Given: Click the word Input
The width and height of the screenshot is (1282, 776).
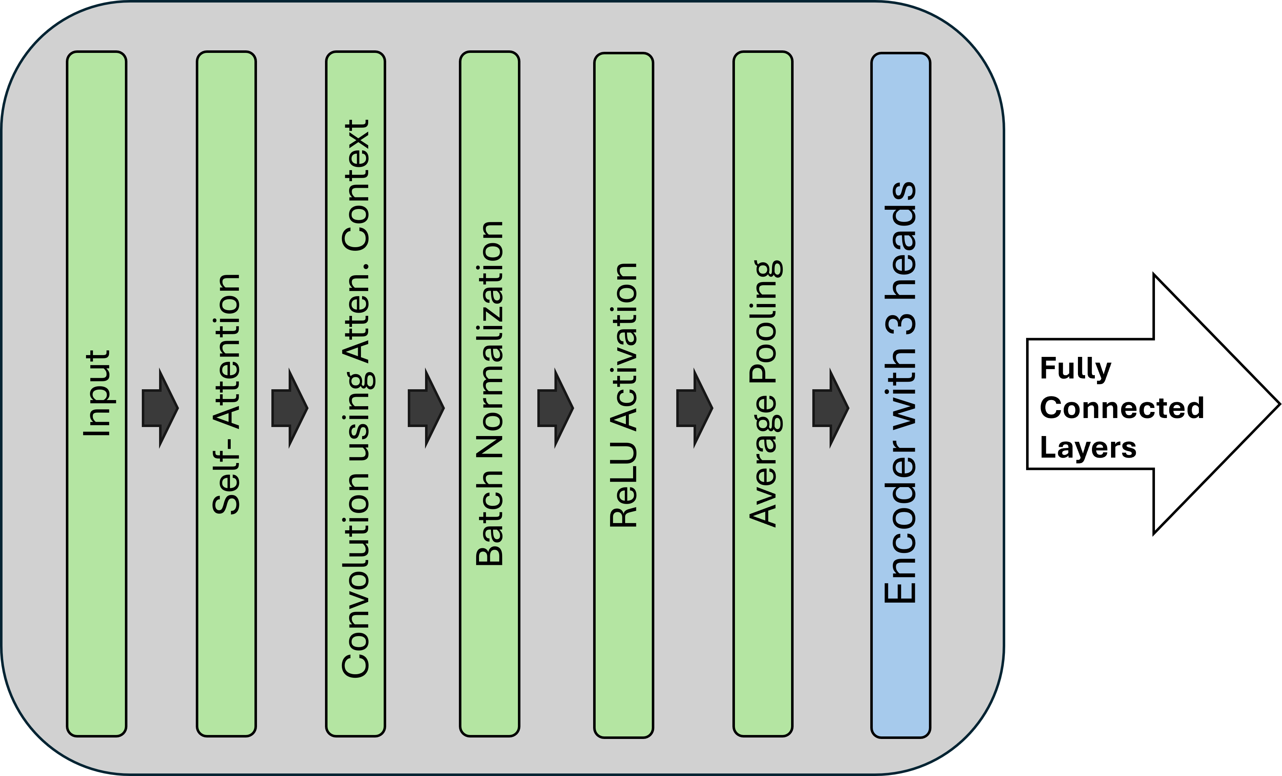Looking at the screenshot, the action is click(x=97, y=393).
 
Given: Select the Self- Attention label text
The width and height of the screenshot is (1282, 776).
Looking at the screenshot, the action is click(x=227, y=394).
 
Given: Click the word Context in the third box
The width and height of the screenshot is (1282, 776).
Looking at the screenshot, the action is click(x=356, y=186).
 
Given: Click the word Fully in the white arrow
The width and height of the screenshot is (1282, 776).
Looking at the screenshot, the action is click(x=1075, y=369).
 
